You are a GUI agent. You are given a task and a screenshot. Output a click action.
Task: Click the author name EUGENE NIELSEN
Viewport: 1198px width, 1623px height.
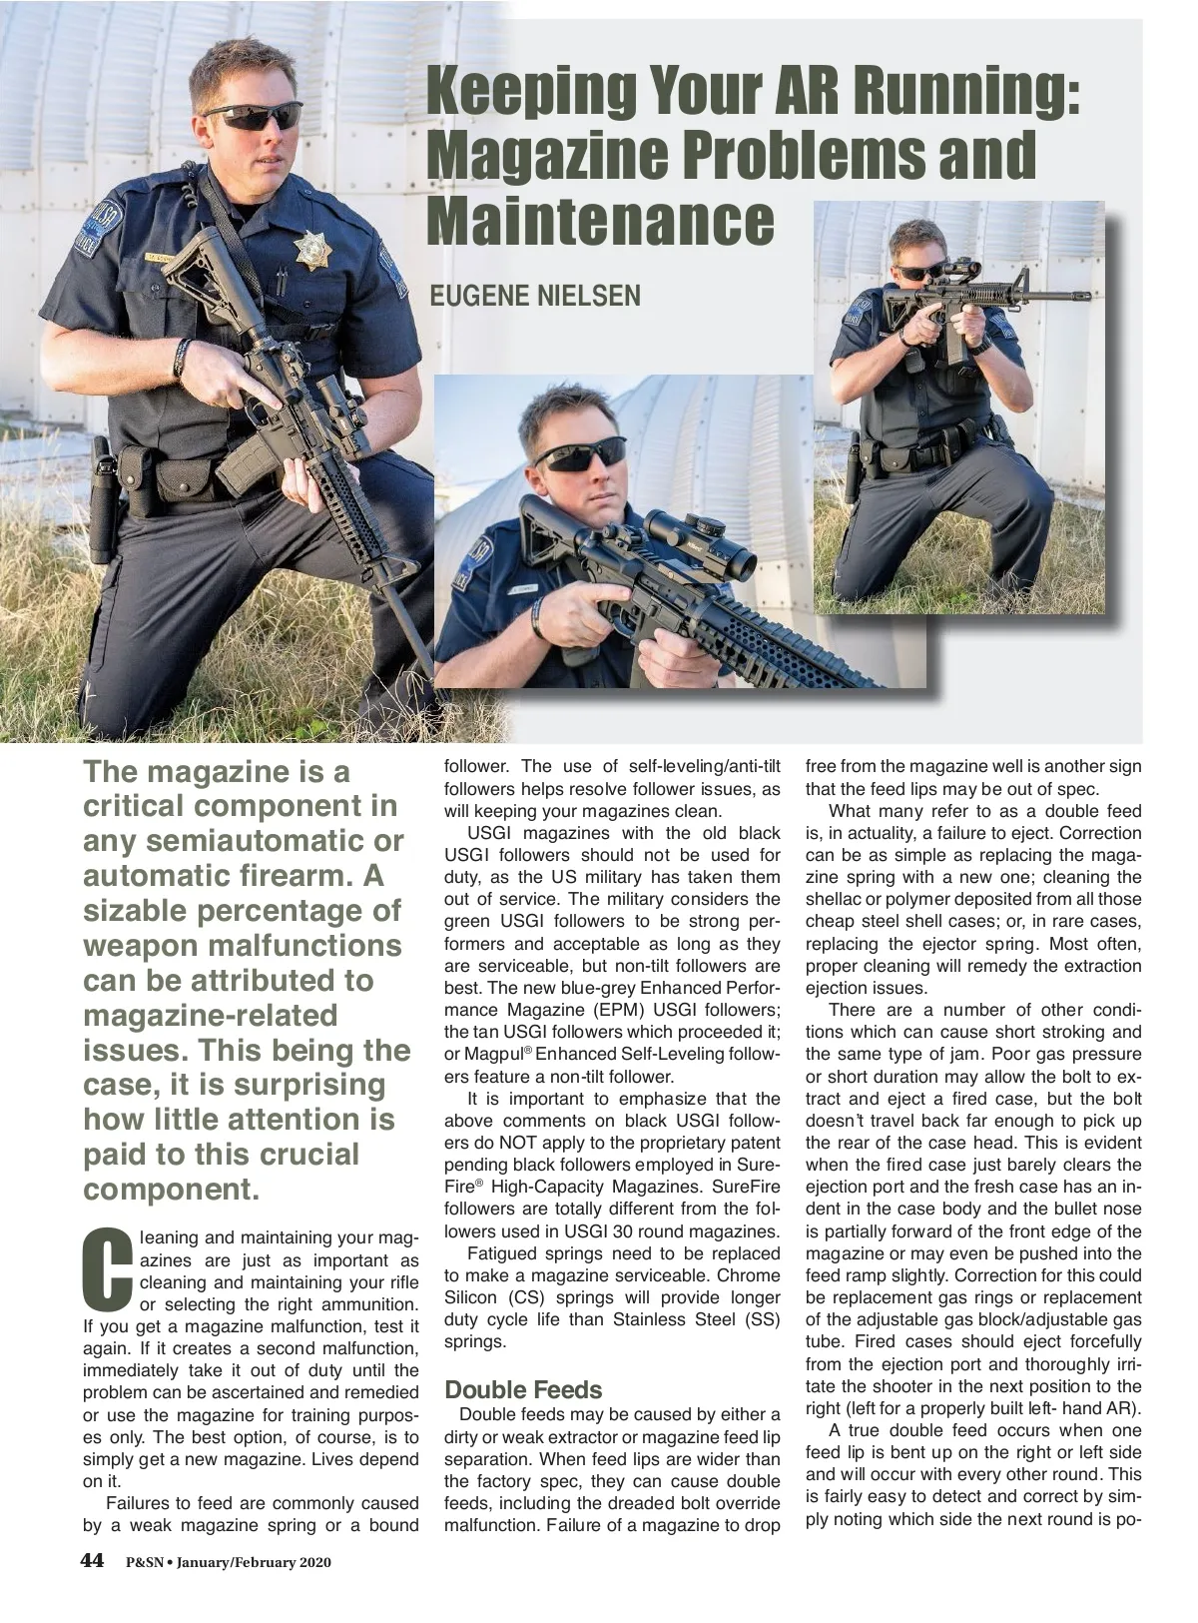pyautogui.click(x=534, y=297)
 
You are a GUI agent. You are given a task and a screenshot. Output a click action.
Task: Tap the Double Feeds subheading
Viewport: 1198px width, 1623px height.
pyautogui.click(x=523, y=1389)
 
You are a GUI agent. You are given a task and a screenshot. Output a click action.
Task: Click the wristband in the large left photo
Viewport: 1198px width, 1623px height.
pyautogui.click(x=181, y=357)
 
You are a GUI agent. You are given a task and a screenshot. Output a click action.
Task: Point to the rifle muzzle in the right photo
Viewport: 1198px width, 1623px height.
pyautogui.click(x=1085, y=297)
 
